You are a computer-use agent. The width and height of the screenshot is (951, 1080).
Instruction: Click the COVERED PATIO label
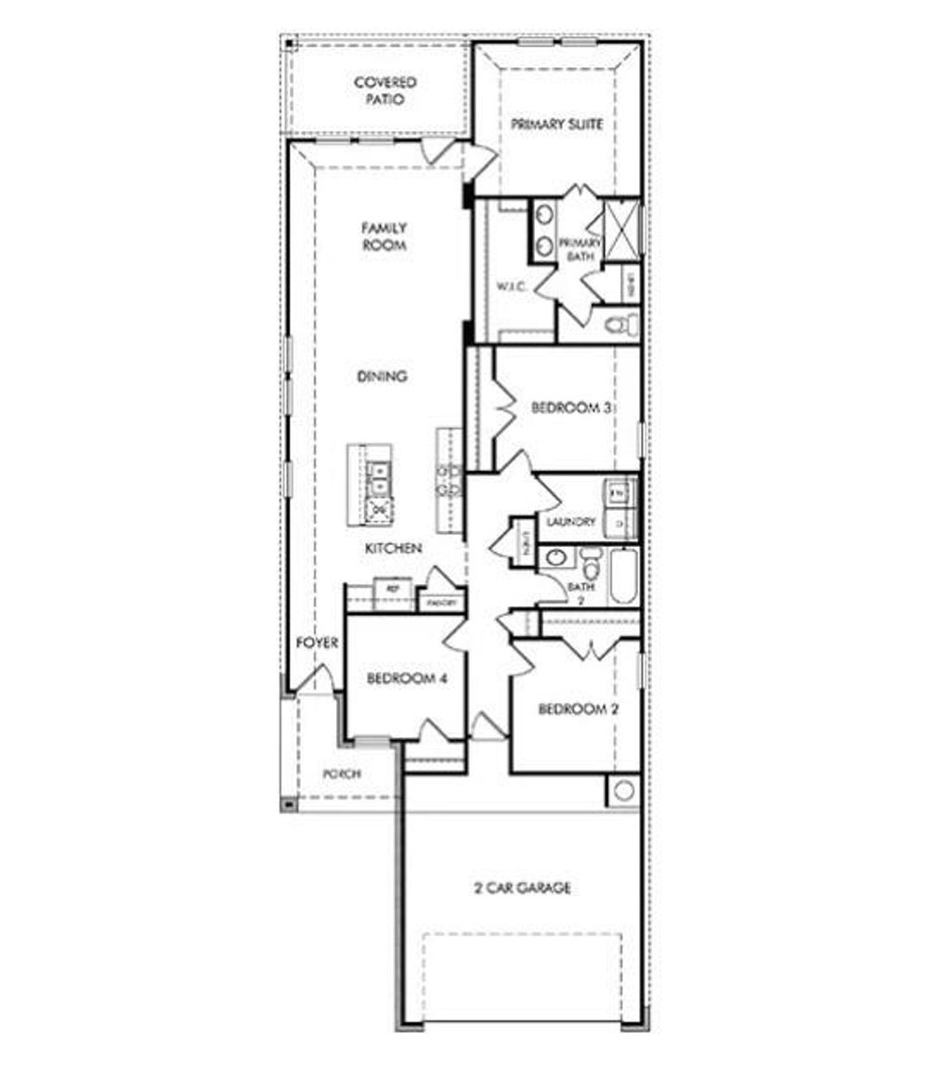pos(384,91)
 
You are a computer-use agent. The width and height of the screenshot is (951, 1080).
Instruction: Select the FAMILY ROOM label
pos(384,237)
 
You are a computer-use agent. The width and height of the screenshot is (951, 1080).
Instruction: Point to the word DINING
pos(383,376)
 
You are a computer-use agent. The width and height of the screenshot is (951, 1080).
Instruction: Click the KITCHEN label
pos(394,549)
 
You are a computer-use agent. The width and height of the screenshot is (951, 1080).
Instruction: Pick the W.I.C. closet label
pos(512,287)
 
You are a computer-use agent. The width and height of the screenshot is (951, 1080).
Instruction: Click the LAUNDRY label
pos(571,522)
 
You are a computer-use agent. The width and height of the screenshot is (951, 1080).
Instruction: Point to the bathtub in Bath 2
pos(621,576)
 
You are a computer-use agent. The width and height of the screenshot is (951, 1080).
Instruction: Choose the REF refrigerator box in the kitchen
pos(393,590)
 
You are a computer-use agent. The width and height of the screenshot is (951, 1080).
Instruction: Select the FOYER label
pos(317,643)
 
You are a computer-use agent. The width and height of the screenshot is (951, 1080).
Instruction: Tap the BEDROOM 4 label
pos(407,678)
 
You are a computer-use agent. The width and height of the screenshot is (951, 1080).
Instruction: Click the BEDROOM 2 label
pos(580,709)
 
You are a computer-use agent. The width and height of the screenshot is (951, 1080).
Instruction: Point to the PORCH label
pos(341,774)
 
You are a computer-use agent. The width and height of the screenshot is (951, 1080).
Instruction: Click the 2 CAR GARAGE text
pos(523,888)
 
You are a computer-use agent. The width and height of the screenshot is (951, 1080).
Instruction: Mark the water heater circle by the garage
pos(624,790)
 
